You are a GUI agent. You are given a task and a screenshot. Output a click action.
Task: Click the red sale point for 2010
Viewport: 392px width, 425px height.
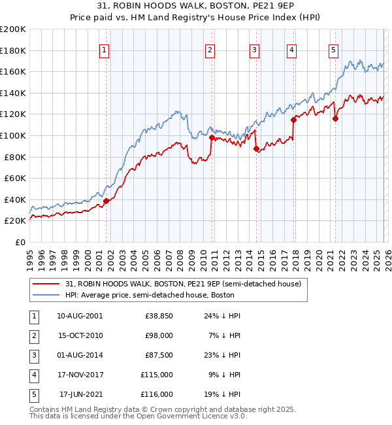(212, 137)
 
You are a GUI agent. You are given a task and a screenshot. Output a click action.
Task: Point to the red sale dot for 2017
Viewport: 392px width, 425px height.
(294, 120)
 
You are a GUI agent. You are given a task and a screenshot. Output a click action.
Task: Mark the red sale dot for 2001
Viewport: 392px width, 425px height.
(106, 201)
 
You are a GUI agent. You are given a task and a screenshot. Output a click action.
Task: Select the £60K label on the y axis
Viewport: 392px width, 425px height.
(15, 178)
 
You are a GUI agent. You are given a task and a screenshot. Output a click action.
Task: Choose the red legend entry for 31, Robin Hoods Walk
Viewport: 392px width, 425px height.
(183, 284)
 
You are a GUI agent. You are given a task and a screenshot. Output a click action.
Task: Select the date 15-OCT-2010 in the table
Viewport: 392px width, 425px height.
(80, 335)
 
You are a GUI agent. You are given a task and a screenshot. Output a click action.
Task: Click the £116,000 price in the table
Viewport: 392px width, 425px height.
(157, 394)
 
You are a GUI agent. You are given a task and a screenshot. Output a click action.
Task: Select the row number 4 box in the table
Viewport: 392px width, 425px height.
(33, 375)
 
